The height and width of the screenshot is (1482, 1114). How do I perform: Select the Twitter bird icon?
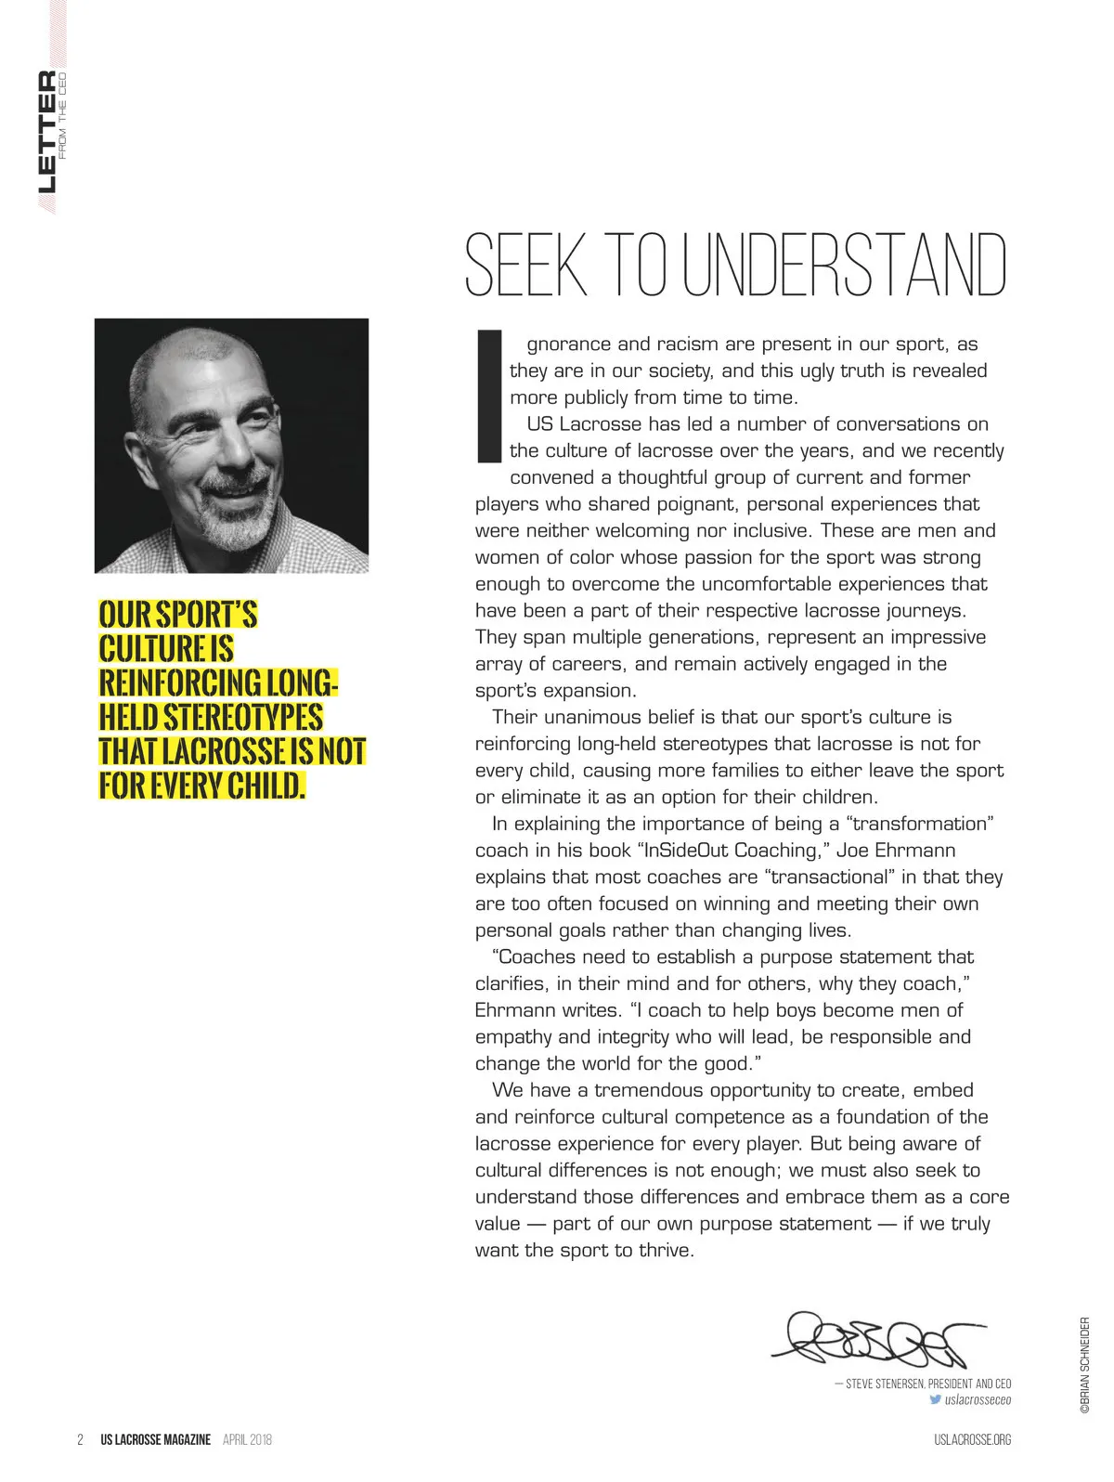(x=935, y=1399)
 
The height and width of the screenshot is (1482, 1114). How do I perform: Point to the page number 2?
(x=81, y=1439)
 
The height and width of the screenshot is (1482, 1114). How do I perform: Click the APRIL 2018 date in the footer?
(x=247, y=1439)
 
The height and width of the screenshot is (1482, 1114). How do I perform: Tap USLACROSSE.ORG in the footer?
(x=972, y=1439)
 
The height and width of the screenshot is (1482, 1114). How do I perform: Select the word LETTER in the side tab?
(x=46, y=131)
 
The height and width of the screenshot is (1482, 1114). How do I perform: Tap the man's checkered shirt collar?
(x=306, y=539)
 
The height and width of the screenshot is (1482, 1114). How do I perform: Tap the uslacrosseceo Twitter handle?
(x=978, y=1399)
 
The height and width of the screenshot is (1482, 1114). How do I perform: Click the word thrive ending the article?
(x=666, y=1251)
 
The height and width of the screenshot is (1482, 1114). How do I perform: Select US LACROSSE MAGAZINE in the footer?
(x=156, y=1439)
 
